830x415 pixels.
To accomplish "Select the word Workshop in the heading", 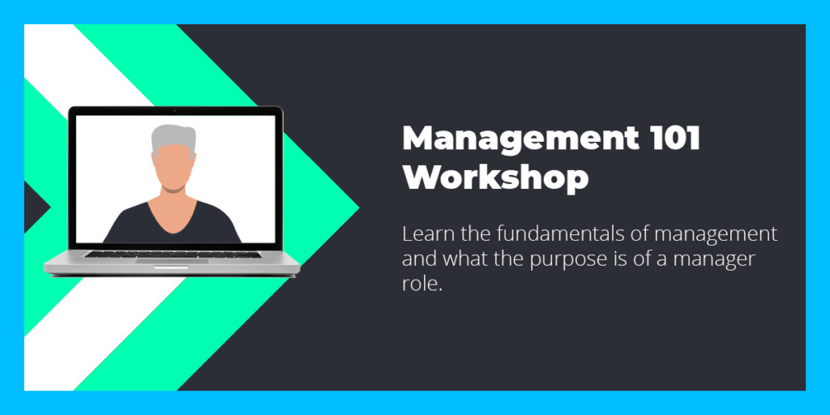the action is (x=495, y=178).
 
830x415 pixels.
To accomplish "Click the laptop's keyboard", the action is (x=173, y=255).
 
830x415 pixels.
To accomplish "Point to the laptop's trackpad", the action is (x=172, y=261).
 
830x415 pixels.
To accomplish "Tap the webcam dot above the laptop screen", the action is (x=175, y=110).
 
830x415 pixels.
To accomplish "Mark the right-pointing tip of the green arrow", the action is (x=359, y=207).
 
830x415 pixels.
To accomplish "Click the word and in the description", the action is (x=420, y=259).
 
